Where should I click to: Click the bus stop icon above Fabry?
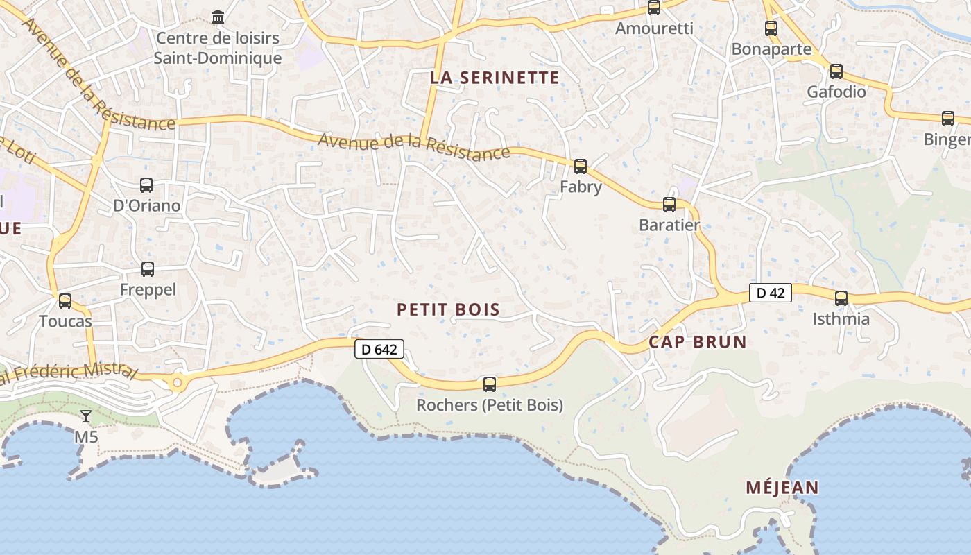tap(581, 166)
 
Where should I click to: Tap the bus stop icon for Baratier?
tap(669, 205)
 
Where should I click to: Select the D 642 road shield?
tap(379, 349)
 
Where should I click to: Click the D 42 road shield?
tap(770, 293)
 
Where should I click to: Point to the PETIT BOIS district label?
tap(448, 309)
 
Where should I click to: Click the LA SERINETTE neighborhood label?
tap(495, 78)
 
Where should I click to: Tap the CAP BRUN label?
tap(698, 341)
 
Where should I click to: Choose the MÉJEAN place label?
tap(782, 488)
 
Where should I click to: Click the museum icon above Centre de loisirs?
tap(218, 17)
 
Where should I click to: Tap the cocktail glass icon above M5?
tap(86, 416)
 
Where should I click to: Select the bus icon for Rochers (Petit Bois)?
tap(490, 384)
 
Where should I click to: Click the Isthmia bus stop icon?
tap(841, 298)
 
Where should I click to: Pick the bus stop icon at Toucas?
tap(65, 301)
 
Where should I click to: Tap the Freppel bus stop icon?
tap(148, 269)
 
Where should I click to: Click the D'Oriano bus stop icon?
tap(146, 185)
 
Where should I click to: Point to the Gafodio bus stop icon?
tap(836, 71)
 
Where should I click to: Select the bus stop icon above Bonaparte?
tap(771, 28)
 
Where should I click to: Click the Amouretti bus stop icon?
tap(654, 8)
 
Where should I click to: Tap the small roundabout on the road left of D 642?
tap(178, 382)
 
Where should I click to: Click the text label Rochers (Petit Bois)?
tap(490, 405)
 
